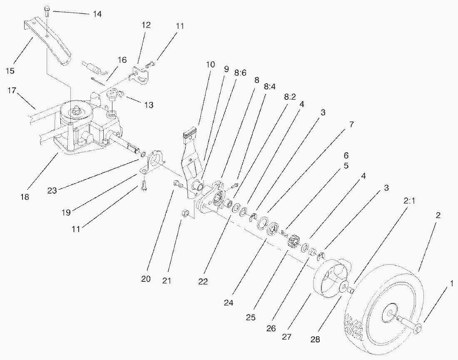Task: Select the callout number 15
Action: point(10,70)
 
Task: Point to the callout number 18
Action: point(25,196)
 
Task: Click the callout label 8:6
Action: point(240,73)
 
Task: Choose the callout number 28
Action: point(315,339)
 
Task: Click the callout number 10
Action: point(210,65)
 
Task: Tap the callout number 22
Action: point(203,282)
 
